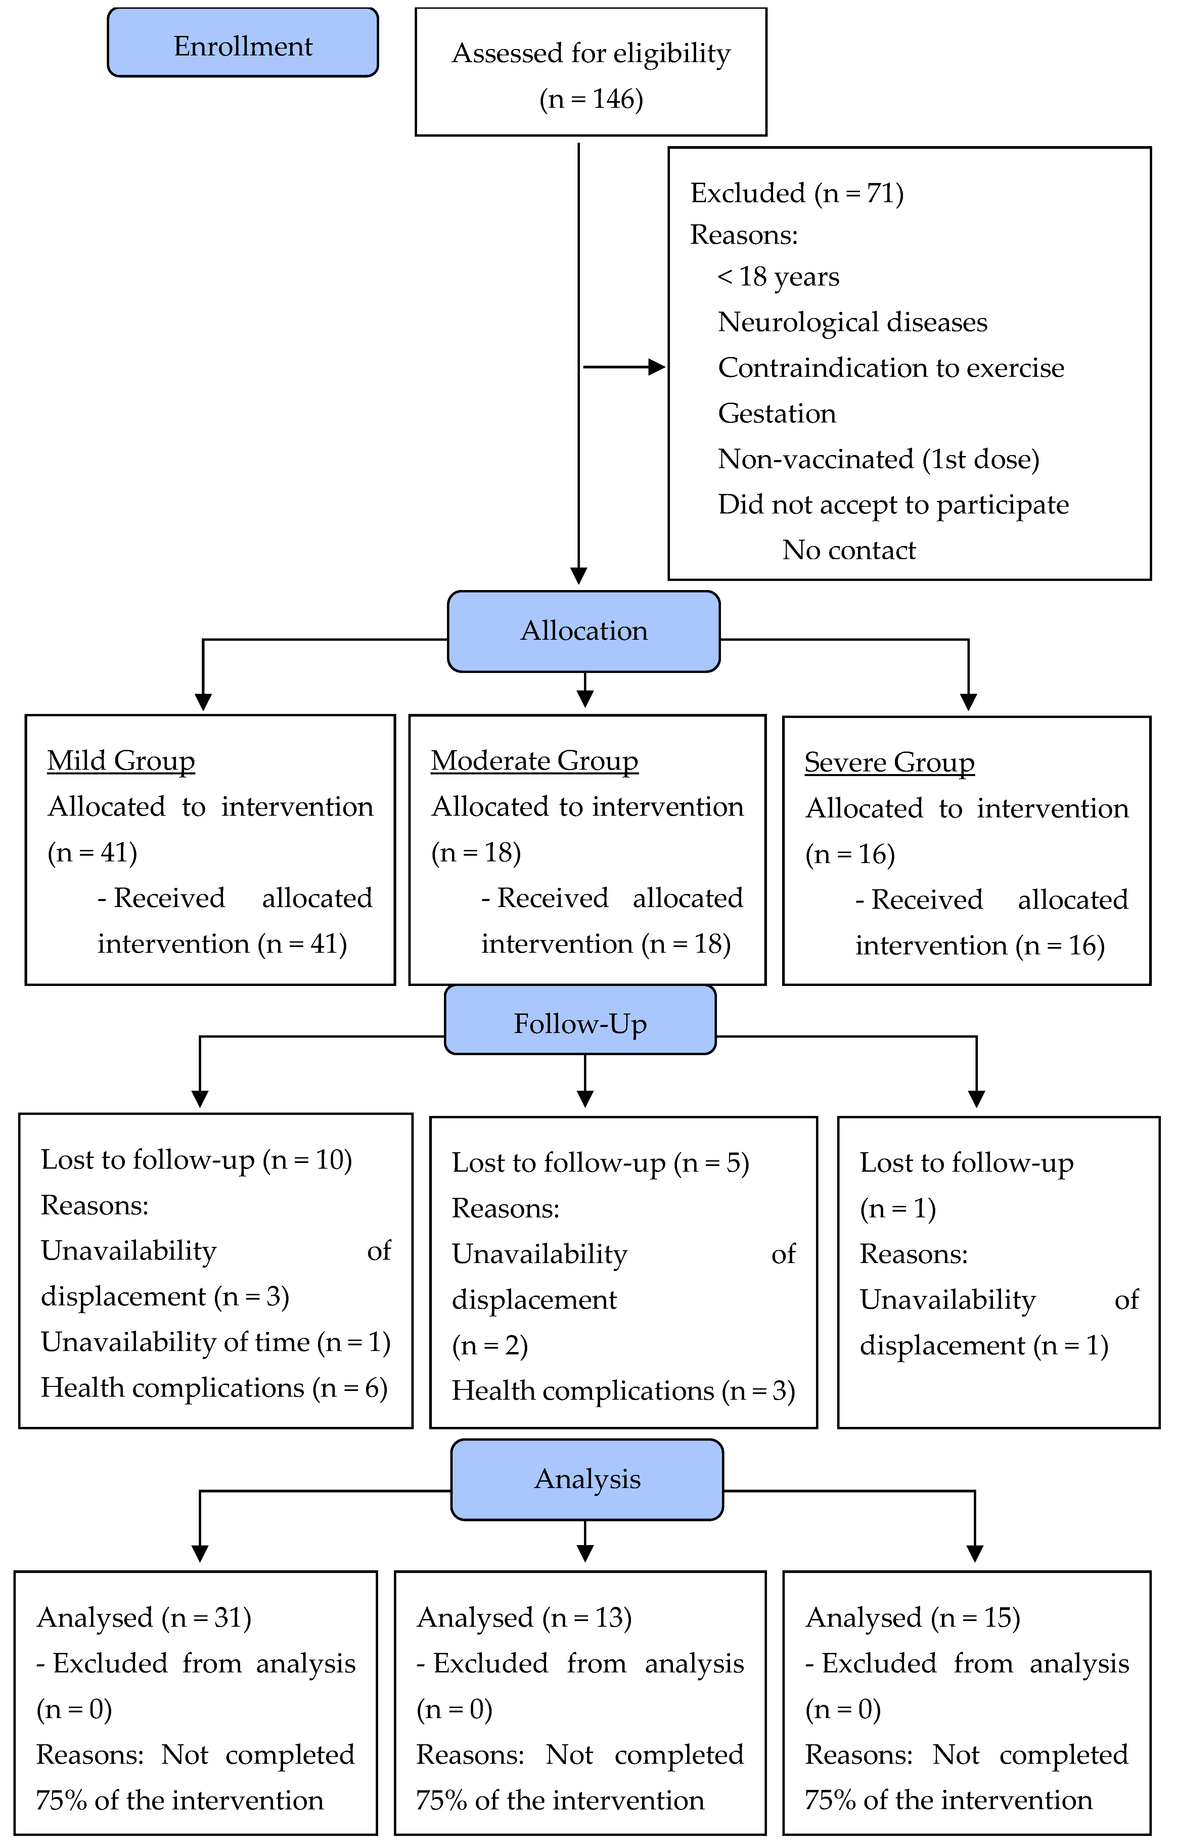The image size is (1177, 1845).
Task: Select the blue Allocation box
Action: click(584, 631)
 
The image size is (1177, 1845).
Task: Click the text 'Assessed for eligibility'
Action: click(591, 54)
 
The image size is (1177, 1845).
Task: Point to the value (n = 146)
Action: click(591, 99)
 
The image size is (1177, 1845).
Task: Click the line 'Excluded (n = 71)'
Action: click(797, 193)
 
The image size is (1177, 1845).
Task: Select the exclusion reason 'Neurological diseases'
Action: click(852, 323)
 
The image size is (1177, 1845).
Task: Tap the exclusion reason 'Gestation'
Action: click(776, 414)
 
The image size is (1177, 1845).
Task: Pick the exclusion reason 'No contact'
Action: click(848, 550)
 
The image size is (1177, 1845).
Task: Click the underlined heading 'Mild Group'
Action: click(121, 761)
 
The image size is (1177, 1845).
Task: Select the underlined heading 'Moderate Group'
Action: click(534, 761)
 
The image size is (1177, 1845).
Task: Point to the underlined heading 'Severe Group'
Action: click(889, 762)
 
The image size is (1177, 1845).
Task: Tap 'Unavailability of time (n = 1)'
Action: click(215, 1342)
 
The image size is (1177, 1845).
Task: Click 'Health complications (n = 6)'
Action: click(214, 1388)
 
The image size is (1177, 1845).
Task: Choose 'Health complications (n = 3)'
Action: click(623, 1391)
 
